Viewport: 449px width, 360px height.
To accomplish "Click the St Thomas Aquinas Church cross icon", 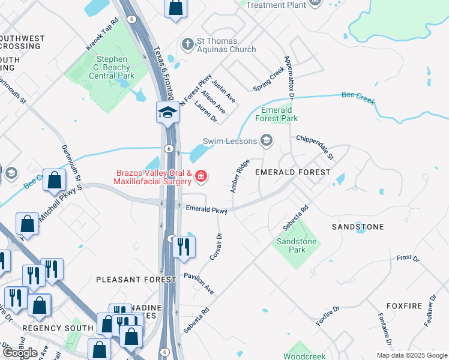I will [188, 44].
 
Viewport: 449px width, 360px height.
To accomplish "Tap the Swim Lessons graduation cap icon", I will [266, 141].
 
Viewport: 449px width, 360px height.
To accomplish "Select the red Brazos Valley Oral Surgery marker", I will [201, 176].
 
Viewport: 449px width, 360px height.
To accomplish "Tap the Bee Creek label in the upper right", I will [358, 95].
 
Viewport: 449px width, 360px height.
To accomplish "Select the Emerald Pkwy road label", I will [206, 211].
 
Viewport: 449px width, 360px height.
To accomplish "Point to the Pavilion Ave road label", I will [199, 281].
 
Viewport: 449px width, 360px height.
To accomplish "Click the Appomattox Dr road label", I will [289, 78].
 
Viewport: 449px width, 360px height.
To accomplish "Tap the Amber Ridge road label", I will [240, 176].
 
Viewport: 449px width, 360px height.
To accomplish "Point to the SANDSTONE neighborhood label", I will [358, 227].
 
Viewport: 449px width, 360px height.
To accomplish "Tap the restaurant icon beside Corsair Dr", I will [184, 247].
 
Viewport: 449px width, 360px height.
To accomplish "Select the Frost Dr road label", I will [408, 259].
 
